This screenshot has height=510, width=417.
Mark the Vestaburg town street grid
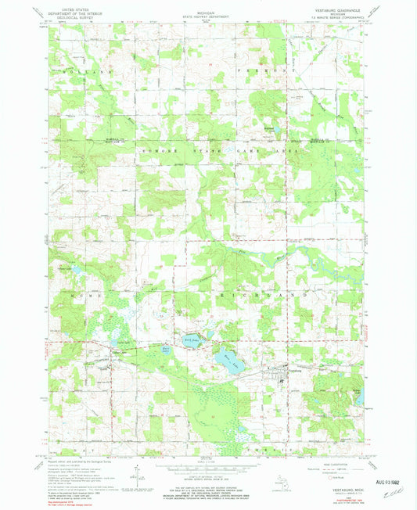(273, 374)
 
